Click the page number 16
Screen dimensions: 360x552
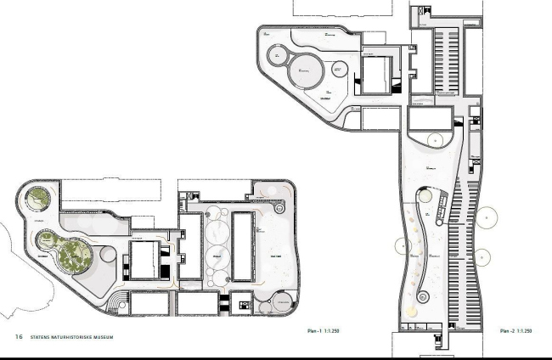pyautogui.click(x=19, y=336)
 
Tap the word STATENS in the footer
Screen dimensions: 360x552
pyautogui.click(x=42, y=336)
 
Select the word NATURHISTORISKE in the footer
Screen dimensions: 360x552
pyautogui.click(x=77, y=336)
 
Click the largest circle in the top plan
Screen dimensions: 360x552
pyautogui.click(x=306, y=70)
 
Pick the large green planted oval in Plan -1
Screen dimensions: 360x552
pyautogui.click(x=75, y=255)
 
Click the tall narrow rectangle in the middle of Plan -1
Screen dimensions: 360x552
pyautogui.click(x=245, y=245)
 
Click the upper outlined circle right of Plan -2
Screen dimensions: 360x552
pyautogui.click(x=485, y=218)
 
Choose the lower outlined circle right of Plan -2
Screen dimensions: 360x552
pyautogui.click(x=482, y=256)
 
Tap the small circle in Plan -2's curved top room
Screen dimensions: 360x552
pyautogui.click(x=433, y=138)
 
